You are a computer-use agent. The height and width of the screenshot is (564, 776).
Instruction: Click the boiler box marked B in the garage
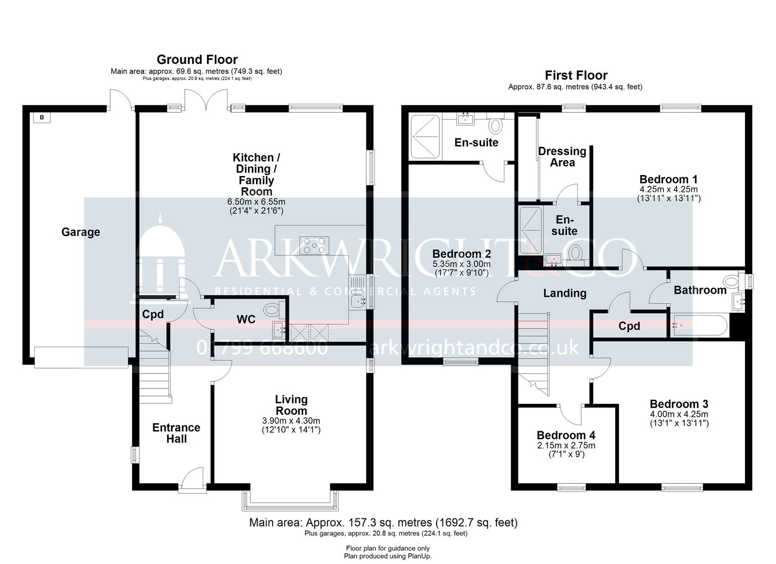coord(42,117)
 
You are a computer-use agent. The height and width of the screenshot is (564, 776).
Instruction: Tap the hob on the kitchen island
coord(314,245)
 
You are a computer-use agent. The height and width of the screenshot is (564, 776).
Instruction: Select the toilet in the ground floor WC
coord(274,309)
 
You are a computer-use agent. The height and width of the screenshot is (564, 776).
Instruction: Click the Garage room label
coord(81,232)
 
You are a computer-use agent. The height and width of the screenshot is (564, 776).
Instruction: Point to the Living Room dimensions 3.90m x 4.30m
coord(291,421)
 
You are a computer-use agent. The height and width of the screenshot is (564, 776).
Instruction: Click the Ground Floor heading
coord(197,60)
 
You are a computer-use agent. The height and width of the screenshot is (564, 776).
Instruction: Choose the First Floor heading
coord(576,75)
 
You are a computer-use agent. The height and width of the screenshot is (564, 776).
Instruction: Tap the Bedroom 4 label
coord(566,435)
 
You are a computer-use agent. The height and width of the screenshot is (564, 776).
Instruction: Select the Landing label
coord(565,293)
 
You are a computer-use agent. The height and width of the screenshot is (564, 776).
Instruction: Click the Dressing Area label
coord(562,157)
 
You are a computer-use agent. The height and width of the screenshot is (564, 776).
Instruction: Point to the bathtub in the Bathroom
coord(700,325)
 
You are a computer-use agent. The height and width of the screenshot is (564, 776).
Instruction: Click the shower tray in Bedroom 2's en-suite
coord(425,137)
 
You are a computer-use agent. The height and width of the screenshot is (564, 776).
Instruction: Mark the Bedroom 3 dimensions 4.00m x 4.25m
coord(679,414)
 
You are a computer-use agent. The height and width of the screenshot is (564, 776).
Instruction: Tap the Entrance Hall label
coord(177,433)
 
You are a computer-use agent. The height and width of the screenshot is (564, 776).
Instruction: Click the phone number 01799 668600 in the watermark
coord(262,348)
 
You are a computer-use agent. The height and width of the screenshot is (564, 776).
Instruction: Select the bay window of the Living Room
coord(290,501)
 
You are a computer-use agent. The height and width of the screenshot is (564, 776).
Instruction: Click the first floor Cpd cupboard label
coord(629,326)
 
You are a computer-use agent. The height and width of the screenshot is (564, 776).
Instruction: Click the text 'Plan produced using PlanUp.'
coord(388,556)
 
